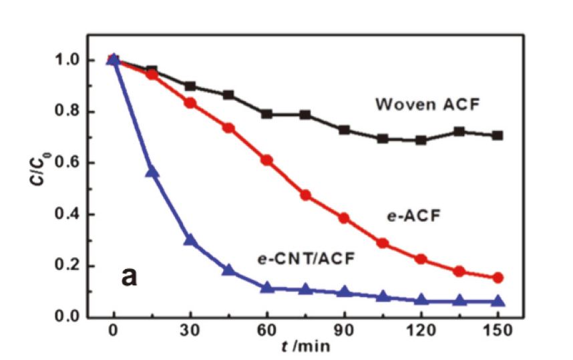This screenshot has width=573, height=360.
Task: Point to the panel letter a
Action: coord(129,275)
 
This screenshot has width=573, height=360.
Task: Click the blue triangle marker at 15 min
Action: coord(152,172)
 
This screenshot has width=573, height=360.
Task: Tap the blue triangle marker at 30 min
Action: coord(190,240)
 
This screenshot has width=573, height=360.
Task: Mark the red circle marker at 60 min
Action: coord(267,160)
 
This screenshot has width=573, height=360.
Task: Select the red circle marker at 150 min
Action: coord(498,278)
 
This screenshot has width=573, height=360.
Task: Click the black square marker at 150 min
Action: coord(498,135)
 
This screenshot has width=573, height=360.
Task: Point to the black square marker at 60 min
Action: coord(267,114)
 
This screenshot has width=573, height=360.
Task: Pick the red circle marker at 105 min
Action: coord(383,243)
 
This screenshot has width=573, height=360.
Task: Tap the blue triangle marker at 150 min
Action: coord(498,301)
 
